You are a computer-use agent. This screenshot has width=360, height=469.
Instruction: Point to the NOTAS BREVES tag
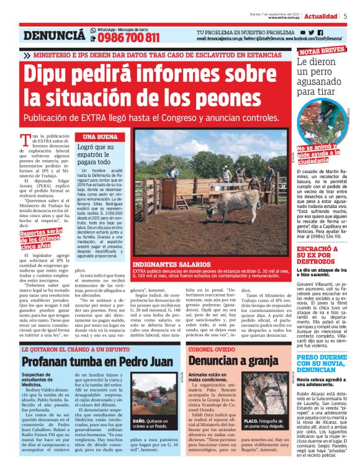click(322, 50)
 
